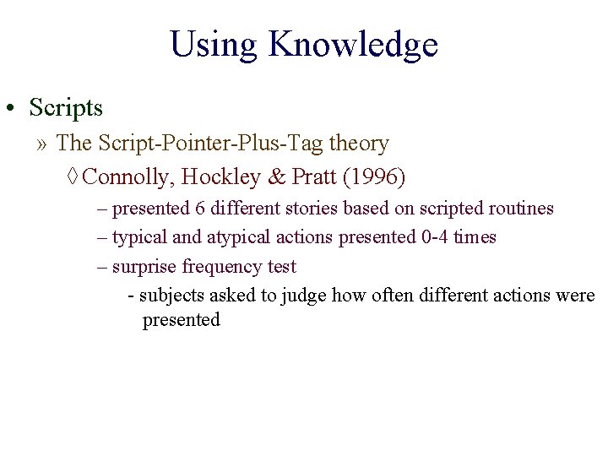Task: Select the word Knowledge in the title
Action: tap(353, 45)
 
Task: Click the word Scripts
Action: tap(66, 108)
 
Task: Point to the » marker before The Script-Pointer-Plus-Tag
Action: tap(42, 144)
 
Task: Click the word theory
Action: tap(359, 144)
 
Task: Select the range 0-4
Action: tap(435, 237)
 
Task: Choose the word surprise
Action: tap(145, 267)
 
